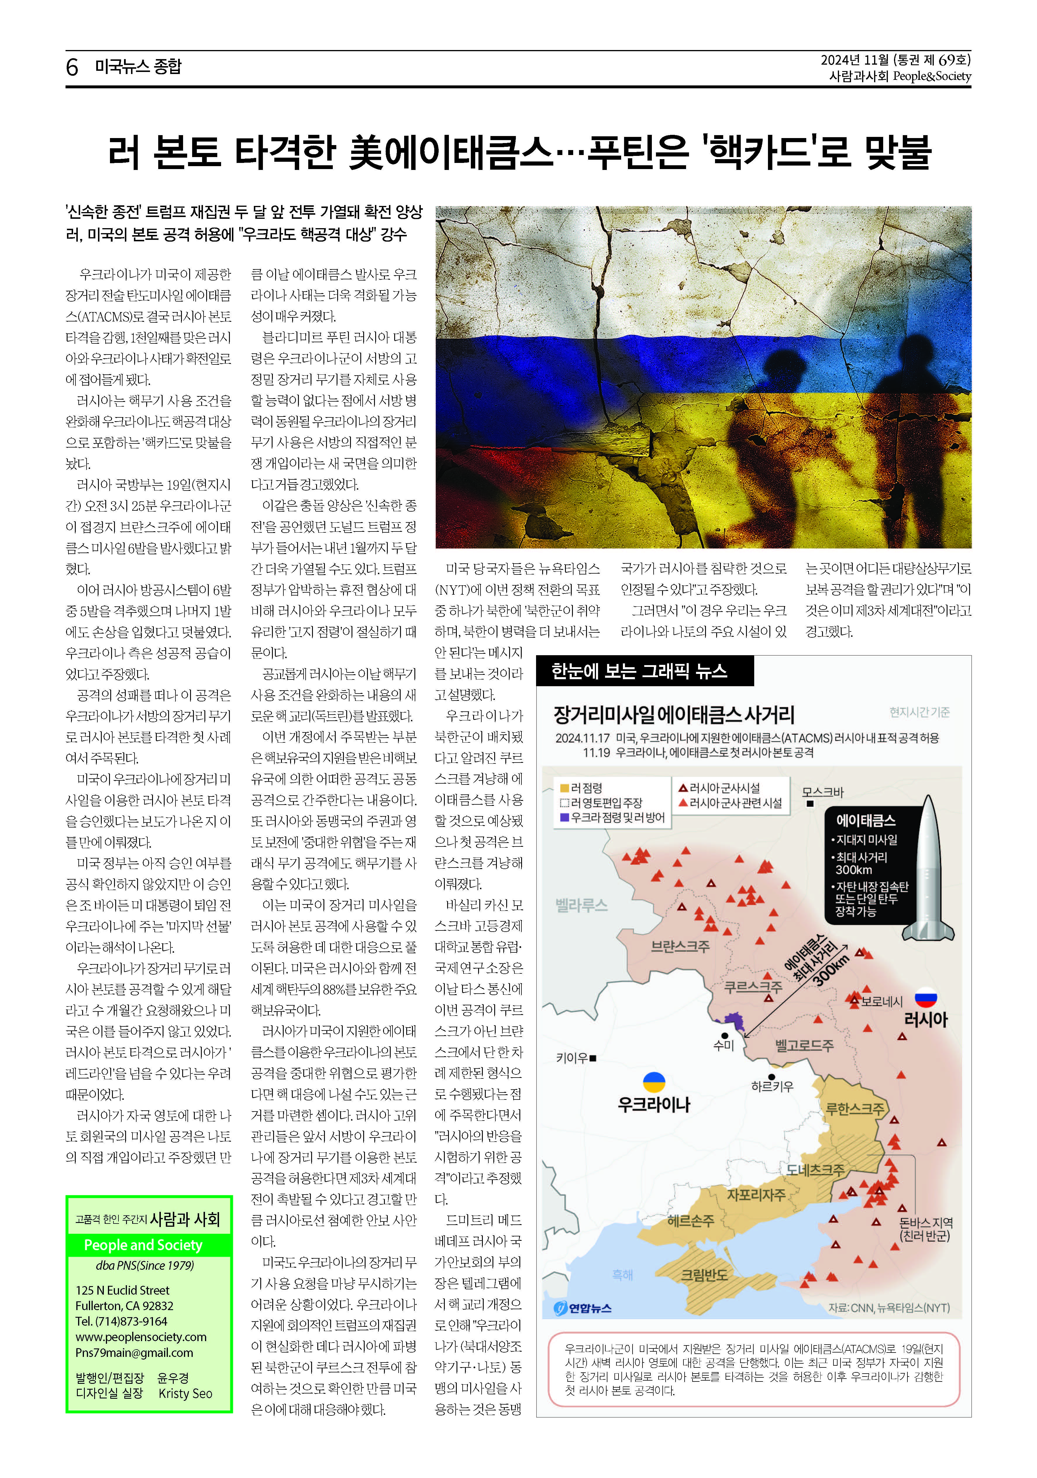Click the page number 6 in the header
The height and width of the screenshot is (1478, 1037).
point(72,67)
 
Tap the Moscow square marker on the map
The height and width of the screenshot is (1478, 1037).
point(810,803)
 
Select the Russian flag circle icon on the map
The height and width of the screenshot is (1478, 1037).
point(926,997)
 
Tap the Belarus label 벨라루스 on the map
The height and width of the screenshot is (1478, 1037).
point(581,905)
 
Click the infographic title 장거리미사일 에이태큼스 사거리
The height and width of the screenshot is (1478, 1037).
point(674,715)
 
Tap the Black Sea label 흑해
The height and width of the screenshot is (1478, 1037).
point(622,1275)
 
